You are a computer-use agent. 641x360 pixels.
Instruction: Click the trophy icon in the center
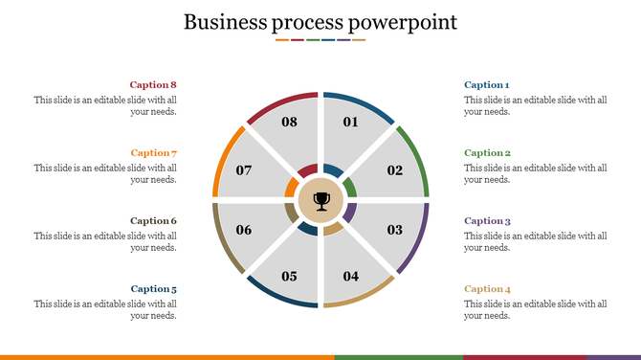(321, 201)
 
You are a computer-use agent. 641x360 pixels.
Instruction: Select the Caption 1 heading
(486, 85)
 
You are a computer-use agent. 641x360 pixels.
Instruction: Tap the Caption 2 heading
(487, 153)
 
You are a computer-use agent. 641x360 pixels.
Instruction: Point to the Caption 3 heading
(487, 221)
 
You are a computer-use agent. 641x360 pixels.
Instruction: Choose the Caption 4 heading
(487, 289)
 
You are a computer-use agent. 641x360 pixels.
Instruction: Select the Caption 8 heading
(154, 85)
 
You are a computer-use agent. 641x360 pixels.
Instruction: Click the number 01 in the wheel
(350, 123)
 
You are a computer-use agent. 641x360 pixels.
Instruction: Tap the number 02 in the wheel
(395, 171)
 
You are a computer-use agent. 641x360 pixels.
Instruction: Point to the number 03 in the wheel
(395, 230)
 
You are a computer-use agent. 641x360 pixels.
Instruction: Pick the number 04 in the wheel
(351, 277)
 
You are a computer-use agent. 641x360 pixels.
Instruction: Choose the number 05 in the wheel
(289, 277)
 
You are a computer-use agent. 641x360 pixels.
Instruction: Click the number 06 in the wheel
(244, 230)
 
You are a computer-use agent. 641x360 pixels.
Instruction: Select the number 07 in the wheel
(244, 171)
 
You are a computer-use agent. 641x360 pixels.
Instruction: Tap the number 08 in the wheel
(289, 123)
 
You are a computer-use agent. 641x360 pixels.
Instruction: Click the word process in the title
(306, 22)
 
